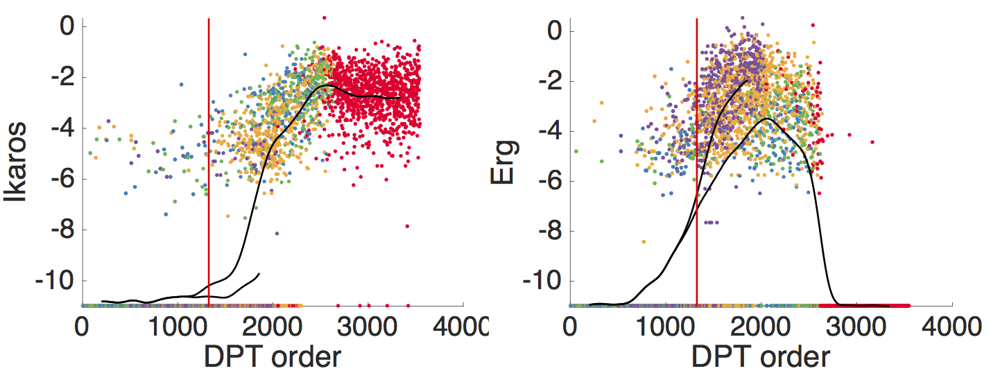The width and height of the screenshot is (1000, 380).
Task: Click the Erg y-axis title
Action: coord(502,162)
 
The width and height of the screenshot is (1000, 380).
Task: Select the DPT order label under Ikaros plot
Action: coord(273,356)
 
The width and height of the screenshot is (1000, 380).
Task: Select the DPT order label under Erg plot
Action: coord(760,356)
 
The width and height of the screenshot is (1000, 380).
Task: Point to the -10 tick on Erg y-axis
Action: coord(542,281)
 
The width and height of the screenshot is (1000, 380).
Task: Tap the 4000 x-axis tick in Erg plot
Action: coord(951,325)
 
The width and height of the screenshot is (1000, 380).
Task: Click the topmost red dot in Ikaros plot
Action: coord(324,17)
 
